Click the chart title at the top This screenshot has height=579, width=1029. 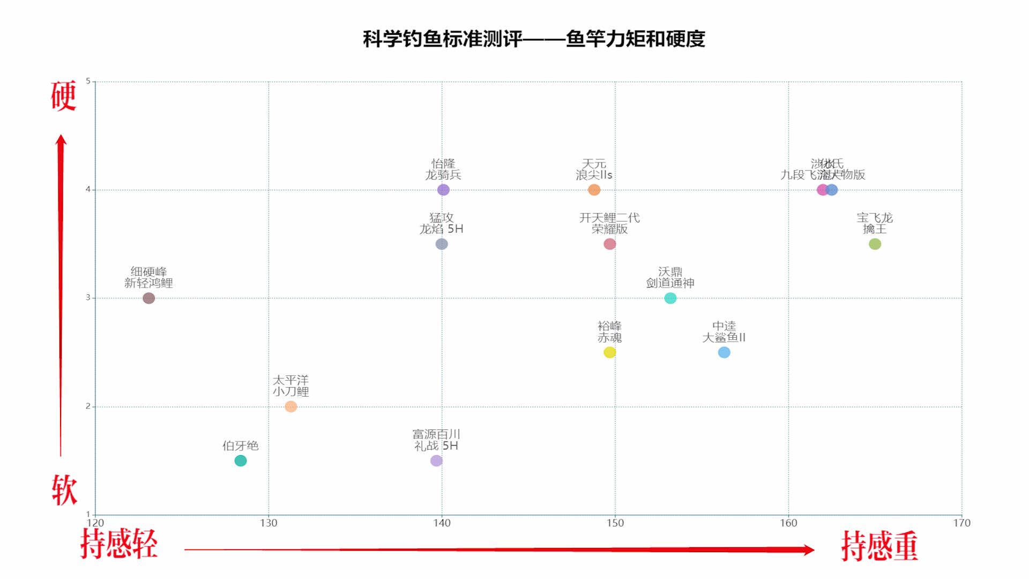[534, 39]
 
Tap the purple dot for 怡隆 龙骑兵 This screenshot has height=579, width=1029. [443, 190]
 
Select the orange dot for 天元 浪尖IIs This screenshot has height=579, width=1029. [594, 190]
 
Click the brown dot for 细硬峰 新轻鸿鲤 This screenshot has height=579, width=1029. [149, 298]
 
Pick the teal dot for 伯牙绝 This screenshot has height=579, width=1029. [241, 461]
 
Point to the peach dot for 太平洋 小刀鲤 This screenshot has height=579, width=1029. [291, 406]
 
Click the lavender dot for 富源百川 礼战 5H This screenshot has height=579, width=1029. [437, 461]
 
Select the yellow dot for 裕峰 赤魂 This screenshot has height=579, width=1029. [609, 352]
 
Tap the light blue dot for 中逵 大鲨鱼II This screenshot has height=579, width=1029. [724, 352]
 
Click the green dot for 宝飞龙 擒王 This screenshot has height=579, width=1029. [875, 244]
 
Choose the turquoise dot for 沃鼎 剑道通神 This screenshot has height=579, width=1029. [670, 298]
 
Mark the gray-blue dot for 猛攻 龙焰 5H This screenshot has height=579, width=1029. [442, 244]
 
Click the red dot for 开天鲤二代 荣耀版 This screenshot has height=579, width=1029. [609, 244]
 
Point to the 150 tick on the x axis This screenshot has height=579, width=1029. [615, 523]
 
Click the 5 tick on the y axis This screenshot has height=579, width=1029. [88, 81]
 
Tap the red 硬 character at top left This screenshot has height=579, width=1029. [64, 96]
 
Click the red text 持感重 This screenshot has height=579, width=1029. [879, 546]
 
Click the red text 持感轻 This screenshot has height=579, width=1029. [119, 544]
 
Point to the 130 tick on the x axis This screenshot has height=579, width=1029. [269, 523]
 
